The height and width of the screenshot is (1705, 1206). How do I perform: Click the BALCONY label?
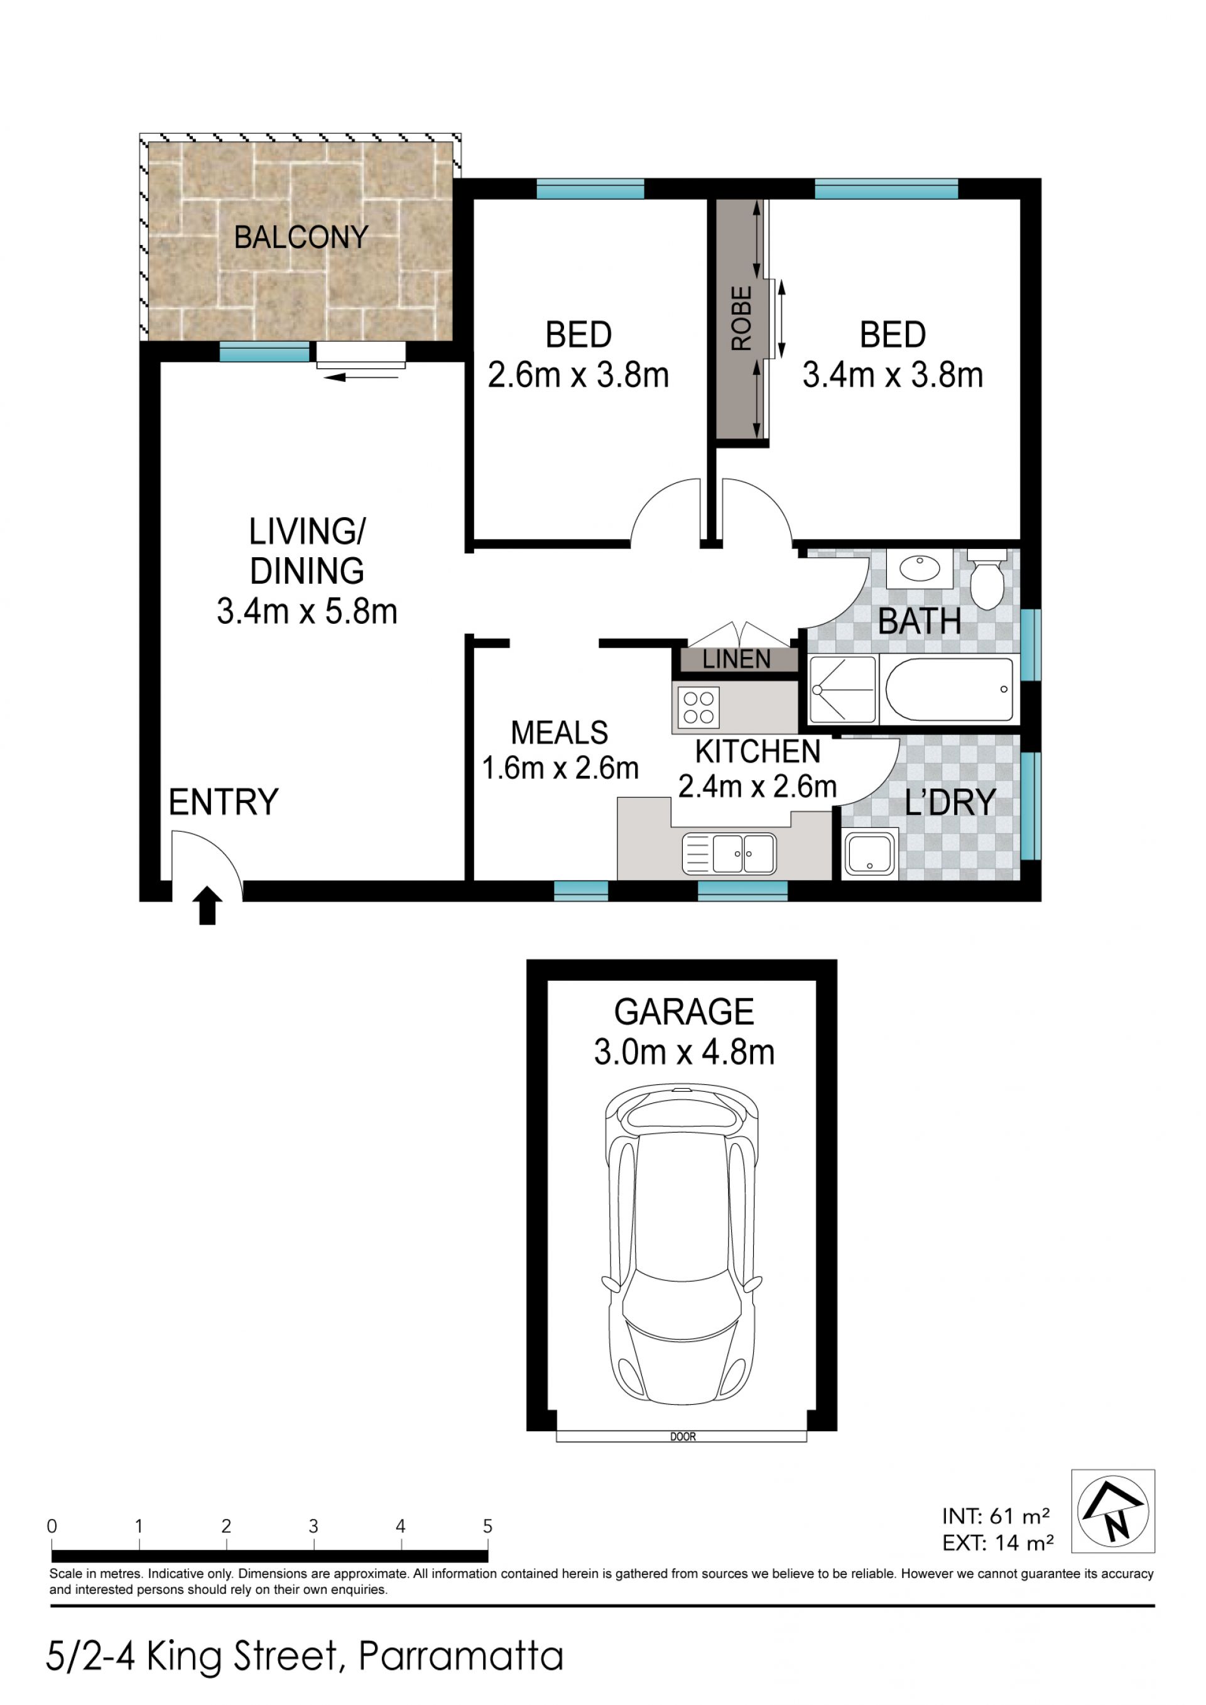301,237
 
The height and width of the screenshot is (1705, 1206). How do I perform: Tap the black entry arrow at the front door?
207,905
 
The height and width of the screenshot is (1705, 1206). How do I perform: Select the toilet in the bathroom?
987,579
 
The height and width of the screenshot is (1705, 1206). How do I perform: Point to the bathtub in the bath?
950,689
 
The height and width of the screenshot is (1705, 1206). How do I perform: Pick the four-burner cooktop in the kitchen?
698,707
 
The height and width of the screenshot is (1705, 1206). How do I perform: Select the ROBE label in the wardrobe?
742,319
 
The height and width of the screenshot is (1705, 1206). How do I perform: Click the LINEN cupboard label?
737,660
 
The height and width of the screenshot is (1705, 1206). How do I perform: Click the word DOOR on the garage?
683,1437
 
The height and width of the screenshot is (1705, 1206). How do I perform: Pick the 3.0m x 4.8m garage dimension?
684,1052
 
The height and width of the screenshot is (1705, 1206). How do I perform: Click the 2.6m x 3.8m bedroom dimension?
579,375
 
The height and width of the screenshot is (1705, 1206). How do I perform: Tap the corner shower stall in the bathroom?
842,689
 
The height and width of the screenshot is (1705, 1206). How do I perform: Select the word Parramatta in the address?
461,1657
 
